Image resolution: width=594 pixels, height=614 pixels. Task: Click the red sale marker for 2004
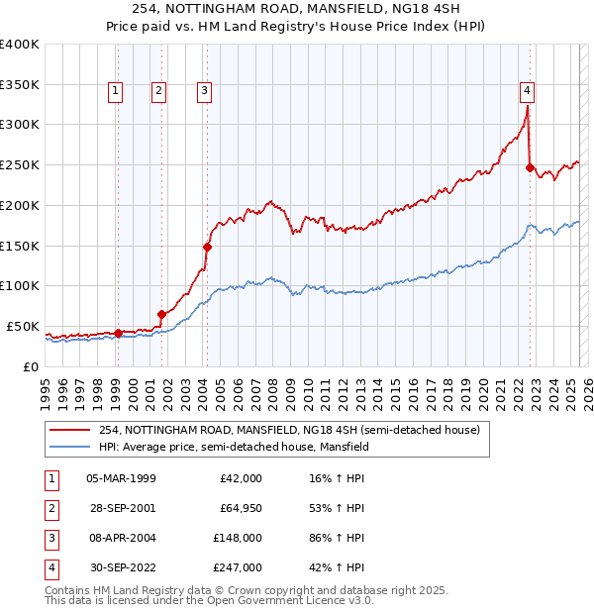click(208, 247)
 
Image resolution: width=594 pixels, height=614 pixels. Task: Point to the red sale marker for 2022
click(531, 167)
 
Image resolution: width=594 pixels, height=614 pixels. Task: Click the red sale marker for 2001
click(161, 314)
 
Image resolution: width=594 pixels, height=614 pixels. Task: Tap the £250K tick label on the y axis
click(20, 164)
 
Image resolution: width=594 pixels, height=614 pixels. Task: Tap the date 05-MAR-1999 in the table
click(122, 478)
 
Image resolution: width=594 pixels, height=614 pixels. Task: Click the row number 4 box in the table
click(50, 568)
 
